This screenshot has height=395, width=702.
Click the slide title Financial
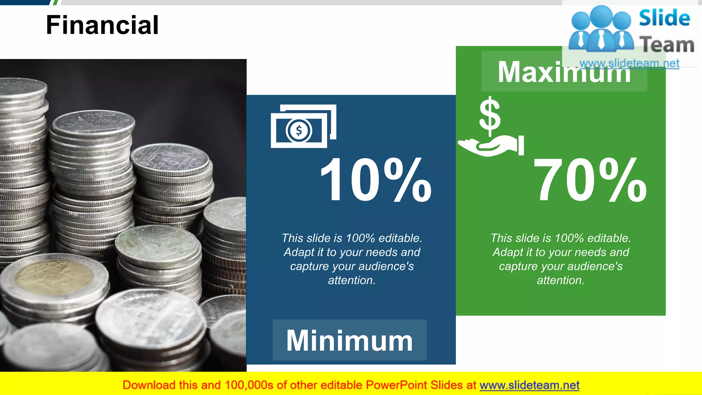pos(102,25)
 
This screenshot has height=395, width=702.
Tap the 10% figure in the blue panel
pos(375,180)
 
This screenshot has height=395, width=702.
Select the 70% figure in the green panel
pos(590,180)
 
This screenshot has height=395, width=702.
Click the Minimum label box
pos(349,340)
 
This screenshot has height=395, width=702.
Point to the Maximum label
pos(564,72)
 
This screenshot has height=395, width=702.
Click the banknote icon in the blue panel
pos(303,126)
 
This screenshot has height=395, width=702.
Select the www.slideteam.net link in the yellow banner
pos(529,385)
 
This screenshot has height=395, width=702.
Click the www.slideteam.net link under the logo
pos(629,63)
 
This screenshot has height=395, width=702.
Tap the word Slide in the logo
pos(664,18)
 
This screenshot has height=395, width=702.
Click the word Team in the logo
pos(667,45)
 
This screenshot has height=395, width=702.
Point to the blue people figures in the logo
pos(601,29)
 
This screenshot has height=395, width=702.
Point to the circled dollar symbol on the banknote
pos(299,131)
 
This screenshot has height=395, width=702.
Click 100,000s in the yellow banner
pos(249,385)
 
